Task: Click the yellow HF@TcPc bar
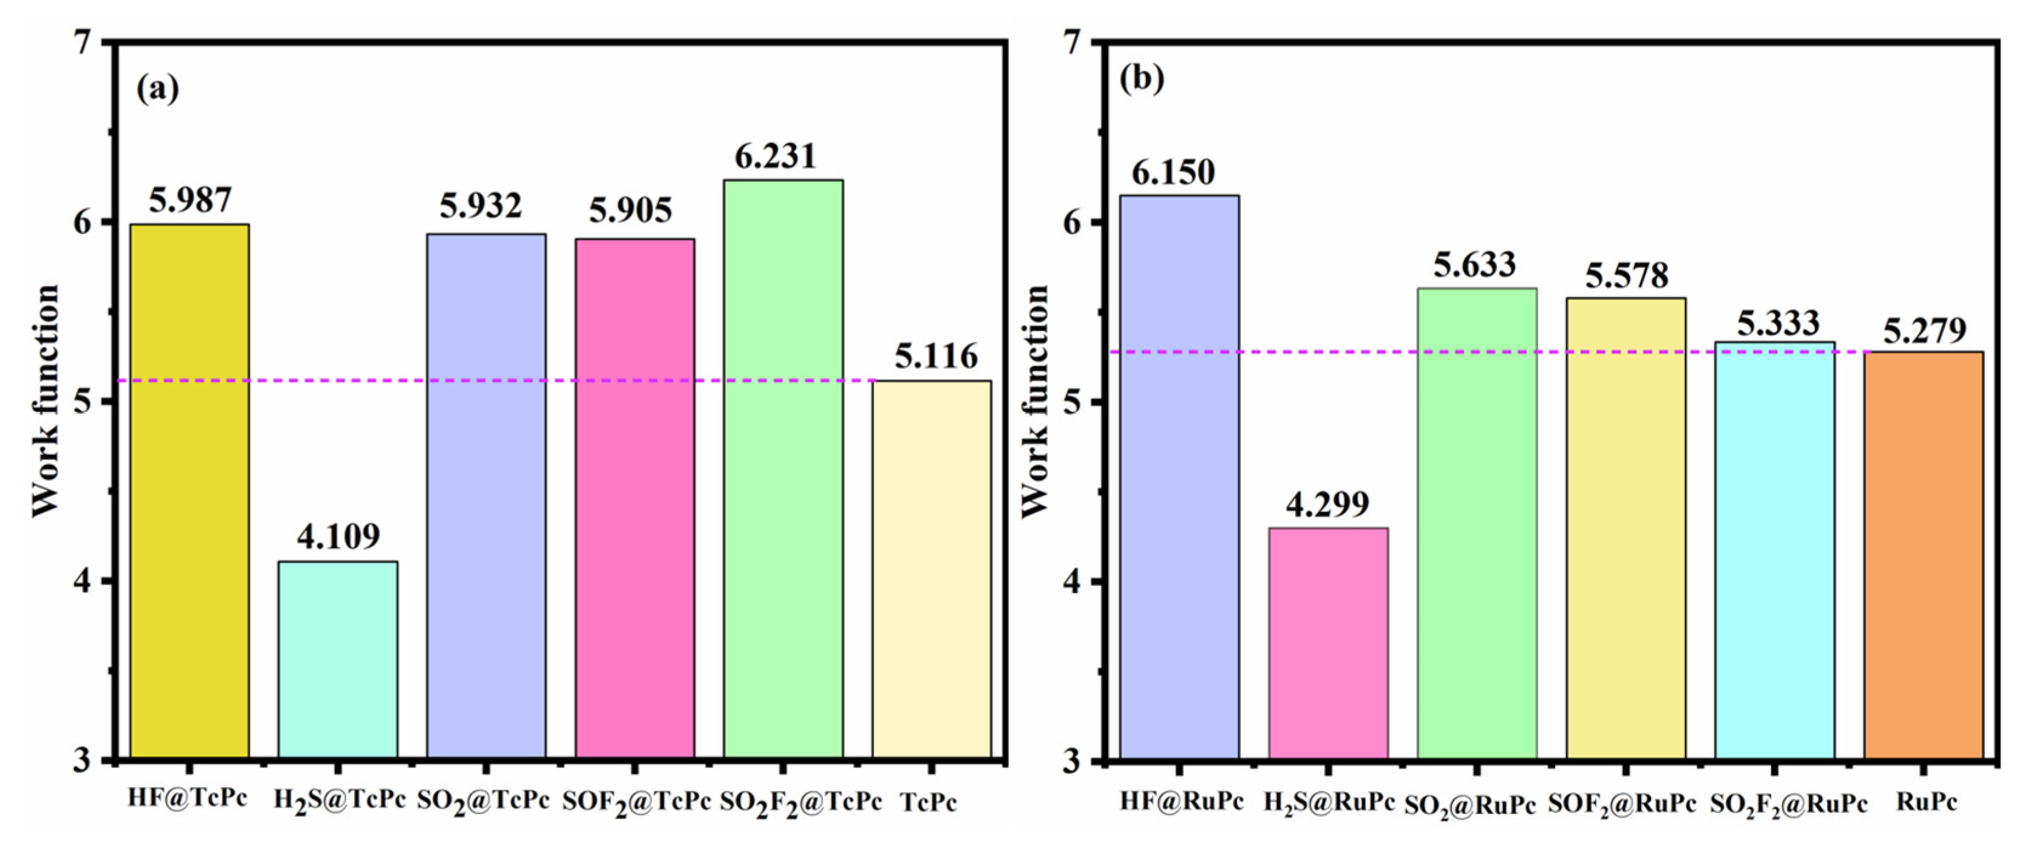(189, 491)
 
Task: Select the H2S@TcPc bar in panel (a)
(337, 659)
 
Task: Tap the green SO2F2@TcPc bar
(783, 469)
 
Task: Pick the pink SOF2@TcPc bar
(634, 499)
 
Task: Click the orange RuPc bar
(1923, 554)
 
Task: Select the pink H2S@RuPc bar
(1328, 642)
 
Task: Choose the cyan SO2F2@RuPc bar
(1775, 550)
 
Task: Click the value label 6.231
(775, 156)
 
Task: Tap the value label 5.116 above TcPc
(936, 357)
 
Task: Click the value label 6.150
(1173, 172)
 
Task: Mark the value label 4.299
(1327, 504)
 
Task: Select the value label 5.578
(1627, 275)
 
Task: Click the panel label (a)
(157, 88)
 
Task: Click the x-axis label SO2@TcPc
(483, 801)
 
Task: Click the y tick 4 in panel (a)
(85, 582)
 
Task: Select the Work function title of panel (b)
(1035, 400)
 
